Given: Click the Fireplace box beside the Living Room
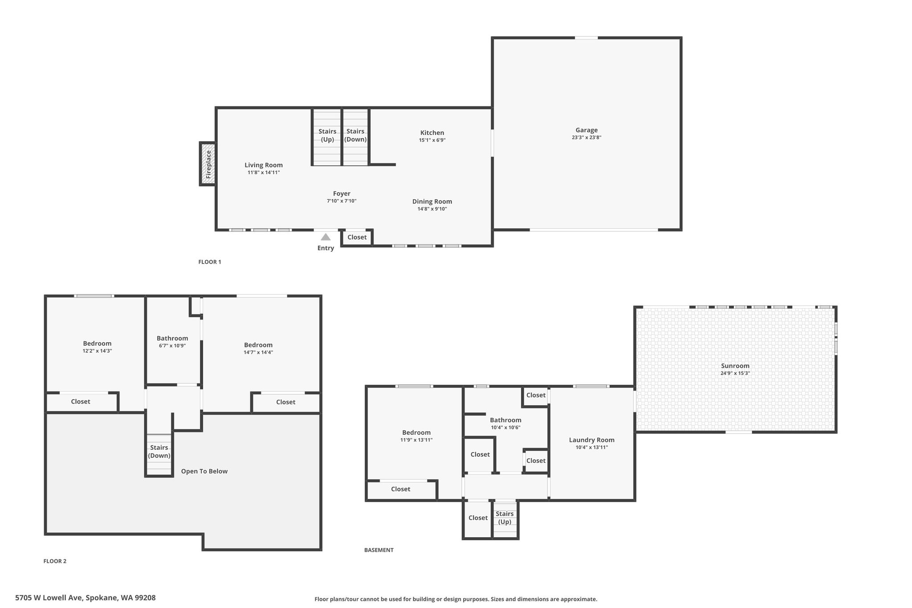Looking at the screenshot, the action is [208, 163].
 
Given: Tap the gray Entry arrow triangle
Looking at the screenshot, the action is [326, 237].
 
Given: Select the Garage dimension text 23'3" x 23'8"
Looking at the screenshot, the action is [586, 138].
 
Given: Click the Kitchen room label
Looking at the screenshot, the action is [432, 133].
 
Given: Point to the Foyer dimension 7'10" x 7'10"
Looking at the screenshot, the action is [342, 201].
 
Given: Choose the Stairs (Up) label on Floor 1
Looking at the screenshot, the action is [327, 135].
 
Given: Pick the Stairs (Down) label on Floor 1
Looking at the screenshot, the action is [355, 135].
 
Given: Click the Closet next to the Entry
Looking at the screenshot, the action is [357, 237].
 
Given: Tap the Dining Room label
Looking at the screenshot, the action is [432, 201].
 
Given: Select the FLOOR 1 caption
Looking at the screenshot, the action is [210, 262].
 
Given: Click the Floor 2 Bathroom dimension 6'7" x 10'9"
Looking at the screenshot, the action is [172, 346].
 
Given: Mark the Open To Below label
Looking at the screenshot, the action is [204, 471].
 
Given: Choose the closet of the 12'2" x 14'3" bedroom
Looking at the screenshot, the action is [82, 402].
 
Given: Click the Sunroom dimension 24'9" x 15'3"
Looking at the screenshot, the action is [735, 373].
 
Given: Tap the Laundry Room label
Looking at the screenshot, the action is [591, 440].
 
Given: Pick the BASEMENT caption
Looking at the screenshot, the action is [379, 550].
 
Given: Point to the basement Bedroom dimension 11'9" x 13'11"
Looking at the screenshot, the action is [416, 440].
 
